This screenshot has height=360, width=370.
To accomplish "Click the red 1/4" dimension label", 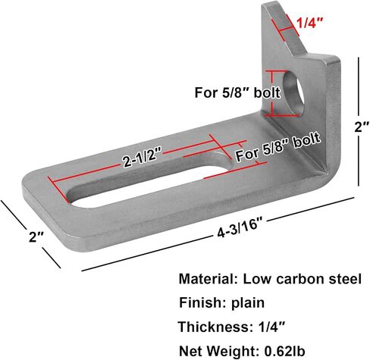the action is (310, 23).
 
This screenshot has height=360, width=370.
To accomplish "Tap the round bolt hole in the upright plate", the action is (293, 92).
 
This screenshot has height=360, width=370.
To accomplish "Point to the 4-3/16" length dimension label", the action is (239, 228).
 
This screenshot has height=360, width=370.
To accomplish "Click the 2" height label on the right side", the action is (362, 127).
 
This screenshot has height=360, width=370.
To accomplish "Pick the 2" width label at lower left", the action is (36, 236).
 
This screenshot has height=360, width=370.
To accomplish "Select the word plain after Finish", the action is (248, 303).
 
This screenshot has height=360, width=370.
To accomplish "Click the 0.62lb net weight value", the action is (284, 351).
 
